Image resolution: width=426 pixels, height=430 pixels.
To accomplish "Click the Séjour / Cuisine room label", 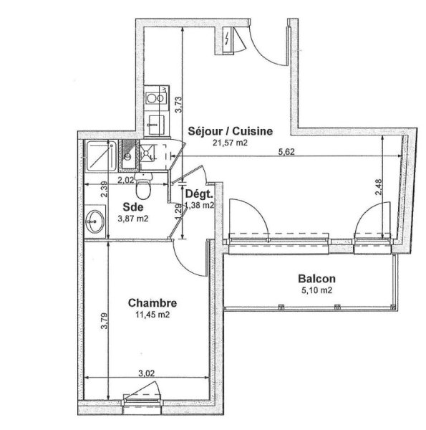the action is (230, 131).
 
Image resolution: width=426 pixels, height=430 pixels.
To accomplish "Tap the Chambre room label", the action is (153, 303).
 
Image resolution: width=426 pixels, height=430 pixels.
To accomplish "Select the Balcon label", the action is (316, 279).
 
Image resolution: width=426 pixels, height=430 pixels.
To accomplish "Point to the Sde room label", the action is (133, 207).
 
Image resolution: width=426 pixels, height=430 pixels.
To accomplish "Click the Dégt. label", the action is (199, 194).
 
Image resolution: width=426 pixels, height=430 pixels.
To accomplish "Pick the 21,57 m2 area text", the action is (230, 143).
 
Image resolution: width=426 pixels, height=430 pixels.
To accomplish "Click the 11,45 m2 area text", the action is (153, 315).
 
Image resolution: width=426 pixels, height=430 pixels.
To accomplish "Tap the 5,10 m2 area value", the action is (316, 290).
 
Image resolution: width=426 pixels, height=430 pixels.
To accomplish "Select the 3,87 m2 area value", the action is (133, 219).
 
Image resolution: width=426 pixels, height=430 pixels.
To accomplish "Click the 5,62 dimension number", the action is (286, 152).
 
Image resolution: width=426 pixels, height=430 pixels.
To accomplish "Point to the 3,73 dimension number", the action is (178, 105).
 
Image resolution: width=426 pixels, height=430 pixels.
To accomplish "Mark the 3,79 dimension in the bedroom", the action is (105, 321).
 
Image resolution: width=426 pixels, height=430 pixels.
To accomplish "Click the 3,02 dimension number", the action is (146, 373).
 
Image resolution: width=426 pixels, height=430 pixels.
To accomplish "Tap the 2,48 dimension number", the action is (378, 187).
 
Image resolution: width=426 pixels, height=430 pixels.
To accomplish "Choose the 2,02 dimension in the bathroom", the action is (126, 180).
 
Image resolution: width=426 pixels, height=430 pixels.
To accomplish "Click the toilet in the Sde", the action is (142, 186).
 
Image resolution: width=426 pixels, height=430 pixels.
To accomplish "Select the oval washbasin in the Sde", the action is (95, 221).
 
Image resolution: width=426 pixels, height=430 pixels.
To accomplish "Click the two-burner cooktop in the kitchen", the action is (156, 98).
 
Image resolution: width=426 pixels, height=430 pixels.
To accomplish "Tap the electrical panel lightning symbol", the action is (226, 39).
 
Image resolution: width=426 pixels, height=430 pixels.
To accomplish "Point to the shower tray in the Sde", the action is (101, 156).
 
